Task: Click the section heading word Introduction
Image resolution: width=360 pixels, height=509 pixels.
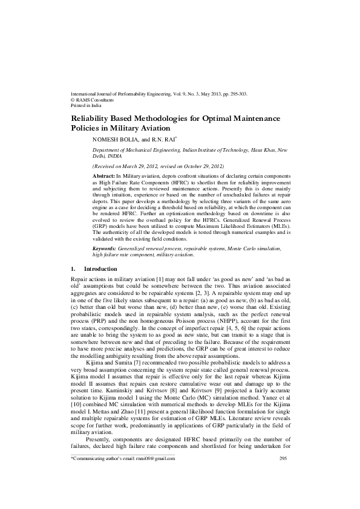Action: coord(100,268)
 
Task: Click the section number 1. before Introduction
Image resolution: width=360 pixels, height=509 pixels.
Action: coord(74,268)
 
